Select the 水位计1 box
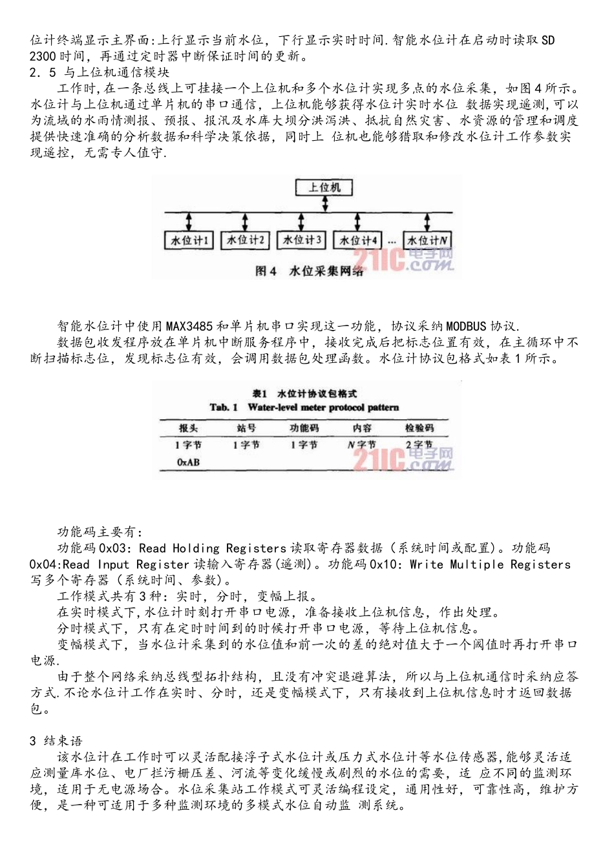pyautogui.click(x=189, y=240)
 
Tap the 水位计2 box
pyautogui.click(x=244, y=240)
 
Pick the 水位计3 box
pyautogui.click(x=301, y=240)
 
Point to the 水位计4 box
pyautogui.click(x=358, y=240)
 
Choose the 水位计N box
pyautogui.click(x=427, y=240)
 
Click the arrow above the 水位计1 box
pyautogui.click(x=189, y=222)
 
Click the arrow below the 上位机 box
pyautogui.click(x=325, y=204)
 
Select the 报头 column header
pyautogui.click(x=189, y=428)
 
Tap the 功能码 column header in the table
pyautogui.click(x=304, y=428)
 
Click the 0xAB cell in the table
pyautogui.click(x=188, y=462)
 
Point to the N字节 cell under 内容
pyautogui.click(x=362, y=444)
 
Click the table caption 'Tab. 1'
pyautogui.click(x=224, y=408)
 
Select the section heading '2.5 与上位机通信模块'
pyautogui.click(x=100, y=72)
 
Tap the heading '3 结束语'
pyautogui.click(x=56, y=741)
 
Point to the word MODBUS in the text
pyautogui.click(x=466, y=325)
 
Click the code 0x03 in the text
pyautogui.click(x=116, y=548)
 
